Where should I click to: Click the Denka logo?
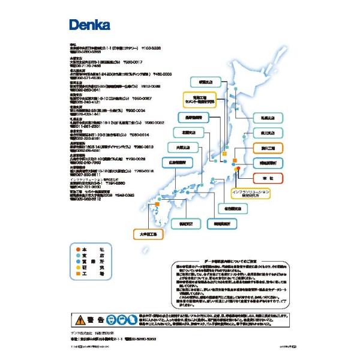click(88, 25)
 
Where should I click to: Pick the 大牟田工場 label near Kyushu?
click(148, 235)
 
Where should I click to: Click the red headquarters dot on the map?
click(238, 169)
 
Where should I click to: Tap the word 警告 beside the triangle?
click(99, 319)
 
